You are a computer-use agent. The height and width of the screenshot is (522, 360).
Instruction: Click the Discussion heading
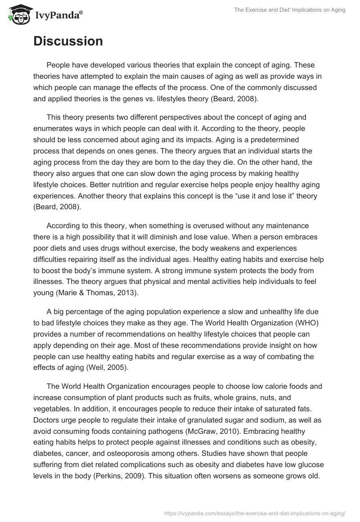coord(68,41)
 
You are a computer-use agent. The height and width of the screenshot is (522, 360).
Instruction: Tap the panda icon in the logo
coord(17,14)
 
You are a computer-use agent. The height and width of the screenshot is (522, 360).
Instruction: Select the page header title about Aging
coord(290,10)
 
